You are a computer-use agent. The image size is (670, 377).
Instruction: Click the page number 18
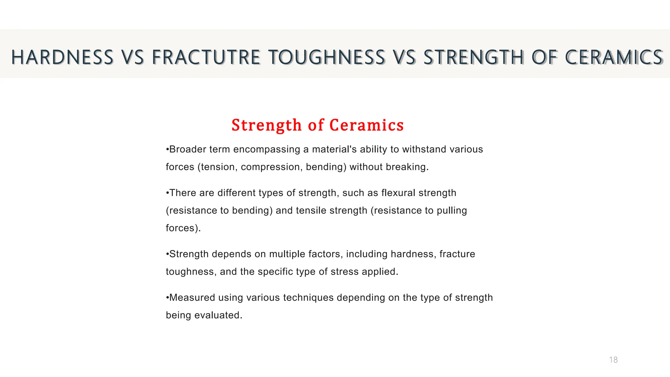coord(613,360)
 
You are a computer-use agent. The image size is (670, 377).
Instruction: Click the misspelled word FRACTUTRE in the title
coord(206,57)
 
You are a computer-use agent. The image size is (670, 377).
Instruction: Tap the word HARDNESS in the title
coord(62,57)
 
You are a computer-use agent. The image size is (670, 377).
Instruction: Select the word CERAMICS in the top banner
coord(614,57)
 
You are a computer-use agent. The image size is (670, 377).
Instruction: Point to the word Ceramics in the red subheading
coord(366,125)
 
